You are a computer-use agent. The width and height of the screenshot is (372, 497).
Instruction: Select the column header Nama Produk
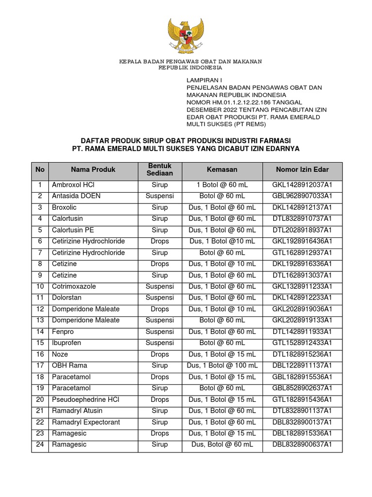[93, 169]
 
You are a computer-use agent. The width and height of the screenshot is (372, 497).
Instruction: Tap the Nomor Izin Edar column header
[302, 169]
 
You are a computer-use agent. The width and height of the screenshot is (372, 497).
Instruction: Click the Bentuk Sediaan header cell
[160, 169]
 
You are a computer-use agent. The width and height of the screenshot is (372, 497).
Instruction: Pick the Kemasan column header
[222, 169]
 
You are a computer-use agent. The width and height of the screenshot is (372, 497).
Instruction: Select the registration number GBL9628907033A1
[302, 196]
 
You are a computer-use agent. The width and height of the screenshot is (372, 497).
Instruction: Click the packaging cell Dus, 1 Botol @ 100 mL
[222, 365]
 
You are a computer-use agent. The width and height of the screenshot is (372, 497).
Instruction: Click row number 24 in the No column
[40, 445]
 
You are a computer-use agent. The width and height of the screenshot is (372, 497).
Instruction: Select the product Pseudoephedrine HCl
[85, 399]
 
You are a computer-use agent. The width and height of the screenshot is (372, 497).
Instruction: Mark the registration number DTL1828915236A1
[302, 354]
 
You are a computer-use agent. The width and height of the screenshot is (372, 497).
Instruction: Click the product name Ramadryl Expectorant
[86, 422]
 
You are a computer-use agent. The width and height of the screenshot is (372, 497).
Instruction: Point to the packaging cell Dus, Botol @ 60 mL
[222, 445]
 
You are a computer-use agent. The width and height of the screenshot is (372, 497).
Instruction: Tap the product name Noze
[60, 354]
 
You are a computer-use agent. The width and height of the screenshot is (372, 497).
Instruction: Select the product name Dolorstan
[66, 298]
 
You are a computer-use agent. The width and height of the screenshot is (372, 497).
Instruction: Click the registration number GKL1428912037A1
[302, 185]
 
